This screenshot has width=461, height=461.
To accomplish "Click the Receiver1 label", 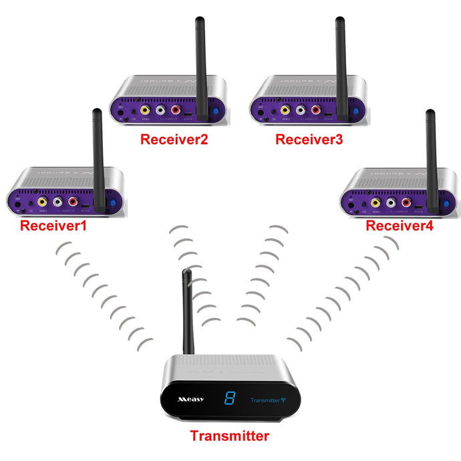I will pos(53,226).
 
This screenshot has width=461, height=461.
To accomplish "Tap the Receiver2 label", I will pos(174,140).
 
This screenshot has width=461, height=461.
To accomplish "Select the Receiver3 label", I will pos(309,140).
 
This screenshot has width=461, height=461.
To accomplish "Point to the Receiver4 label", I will pos(400,226).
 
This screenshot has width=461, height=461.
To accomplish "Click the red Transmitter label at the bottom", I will pos(229,436).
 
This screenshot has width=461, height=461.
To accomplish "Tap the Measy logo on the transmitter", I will pos(190,400).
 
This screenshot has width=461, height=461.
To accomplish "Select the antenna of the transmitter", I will pos(188,311).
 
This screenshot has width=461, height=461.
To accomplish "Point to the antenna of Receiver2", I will pos(199,63).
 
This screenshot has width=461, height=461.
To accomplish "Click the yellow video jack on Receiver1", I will pos(43,200).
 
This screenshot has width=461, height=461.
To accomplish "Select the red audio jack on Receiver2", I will pos(176,111).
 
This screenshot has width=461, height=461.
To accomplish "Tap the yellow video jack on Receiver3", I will pos(285,111).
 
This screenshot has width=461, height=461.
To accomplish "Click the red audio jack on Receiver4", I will pos(406,201).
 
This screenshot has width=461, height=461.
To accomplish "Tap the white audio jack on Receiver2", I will pos(160,111).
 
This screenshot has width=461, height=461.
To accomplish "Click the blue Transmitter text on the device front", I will pos(264,401).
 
